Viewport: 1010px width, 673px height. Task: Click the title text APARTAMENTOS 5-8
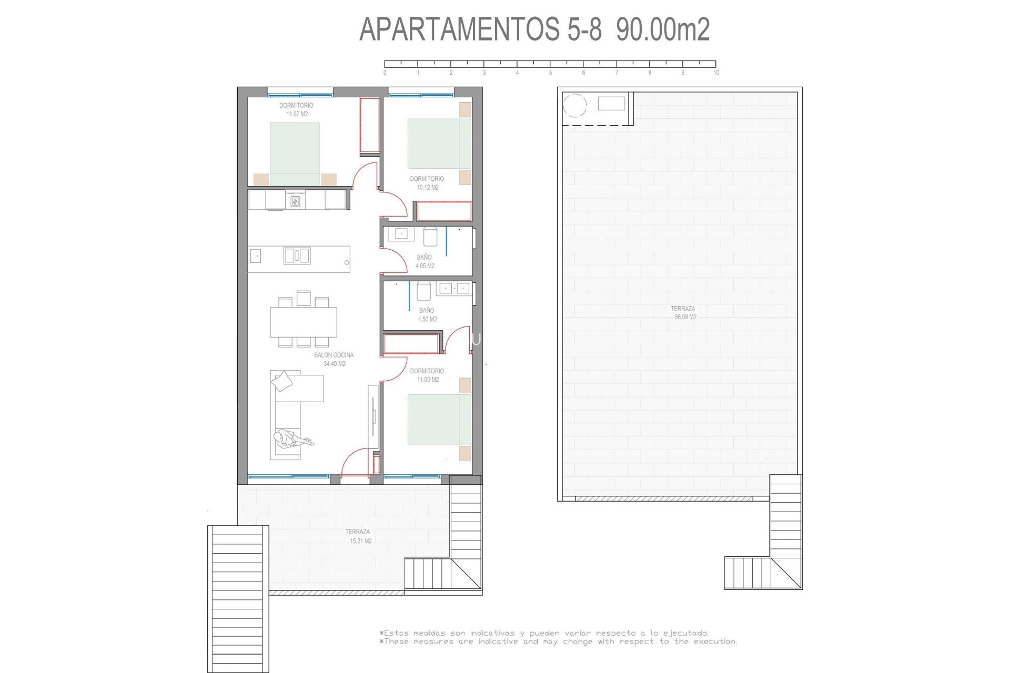coord(480,29)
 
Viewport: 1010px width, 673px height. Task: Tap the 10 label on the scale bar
coord(716,73)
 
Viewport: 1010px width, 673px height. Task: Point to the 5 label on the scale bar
coord(550,73)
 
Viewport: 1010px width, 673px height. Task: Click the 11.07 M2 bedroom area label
coord(297,114)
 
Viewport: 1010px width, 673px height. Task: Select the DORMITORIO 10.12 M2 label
coord(427,183)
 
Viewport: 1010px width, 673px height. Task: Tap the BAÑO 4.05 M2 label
coord(425,261)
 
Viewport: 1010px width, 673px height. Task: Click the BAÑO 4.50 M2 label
coord(427,314)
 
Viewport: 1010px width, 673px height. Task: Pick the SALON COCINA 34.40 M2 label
coord(334,359)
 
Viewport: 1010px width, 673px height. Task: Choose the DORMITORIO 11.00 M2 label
coord(427,375)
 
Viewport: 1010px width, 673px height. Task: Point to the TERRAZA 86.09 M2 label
coord(683,313)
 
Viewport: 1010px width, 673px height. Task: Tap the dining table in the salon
coord(304,322)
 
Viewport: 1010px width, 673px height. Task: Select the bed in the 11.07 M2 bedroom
coord(295,153)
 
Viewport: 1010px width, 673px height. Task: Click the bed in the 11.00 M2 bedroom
coord(439,419)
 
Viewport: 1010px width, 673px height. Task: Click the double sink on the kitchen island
coord(297,256)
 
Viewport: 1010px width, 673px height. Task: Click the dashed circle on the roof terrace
coord(574,105)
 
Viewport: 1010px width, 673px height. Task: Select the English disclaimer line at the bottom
coord(558,641)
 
